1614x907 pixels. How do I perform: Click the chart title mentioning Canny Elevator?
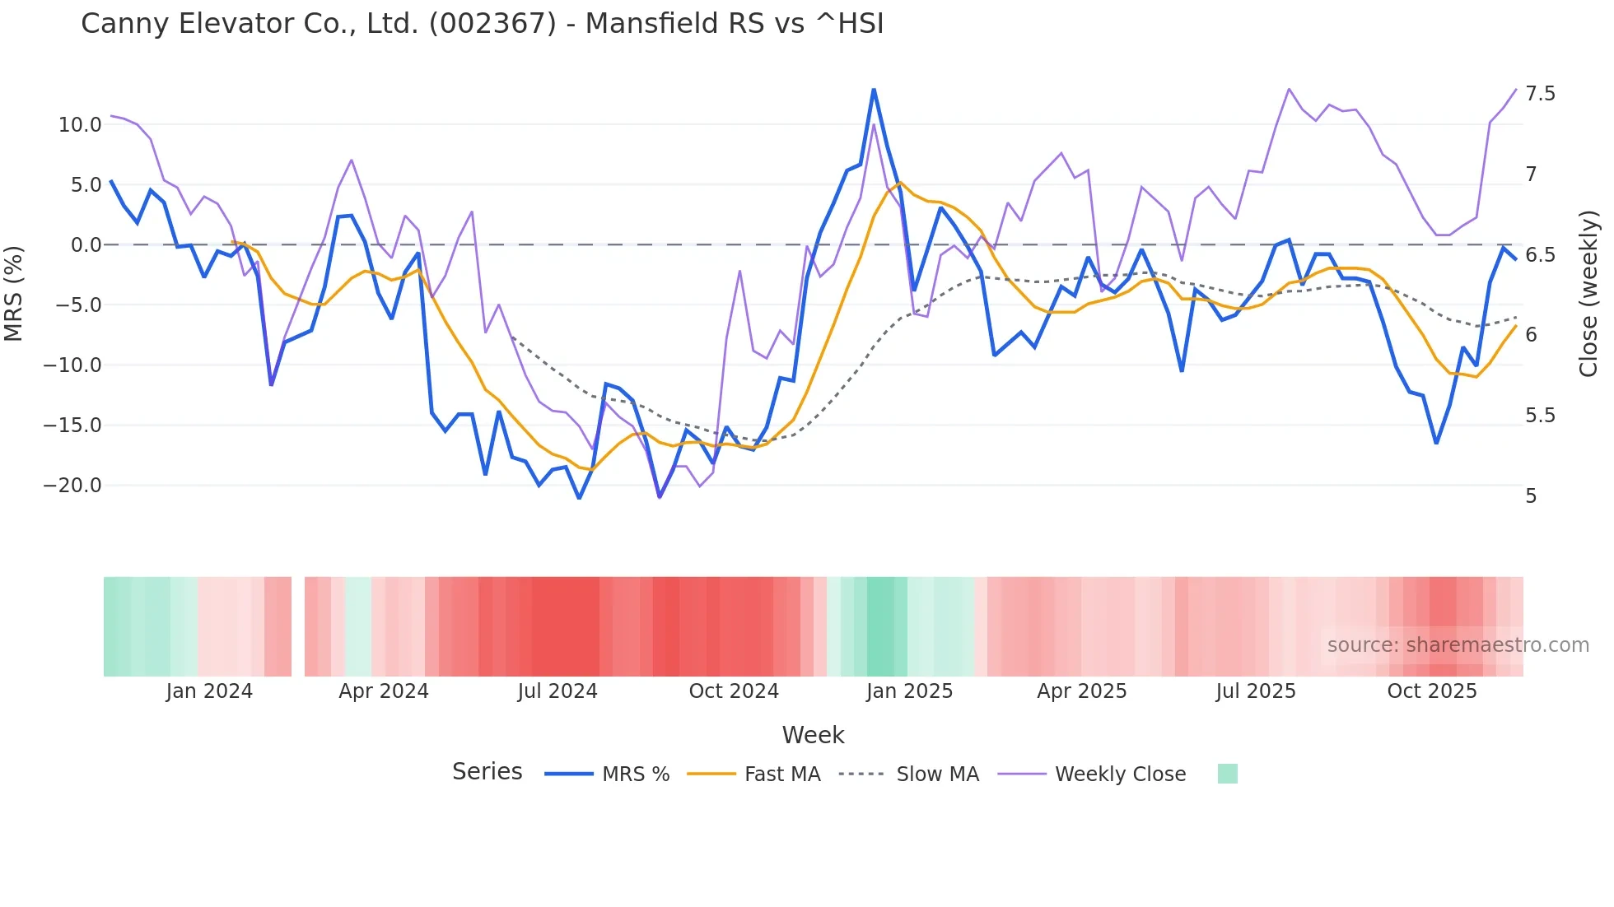point(482,24)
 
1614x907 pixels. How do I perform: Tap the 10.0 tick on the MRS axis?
point(79,125)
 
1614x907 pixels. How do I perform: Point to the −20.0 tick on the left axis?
point(72,486)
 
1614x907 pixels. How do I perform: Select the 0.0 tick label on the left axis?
point(86,245)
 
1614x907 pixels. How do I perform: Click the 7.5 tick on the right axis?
point(1540,94)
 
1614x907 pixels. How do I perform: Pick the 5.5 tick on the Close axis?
point(1540,416)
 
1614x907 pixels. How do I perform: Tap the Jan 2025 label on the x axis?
point(909,691)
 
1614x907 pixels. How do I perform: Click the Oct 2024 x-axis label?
point(734,691)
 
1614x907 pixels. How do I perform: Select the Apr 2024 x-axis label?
point(384,691)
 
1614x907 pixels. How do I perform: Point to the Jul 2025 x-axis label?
point(1256,691)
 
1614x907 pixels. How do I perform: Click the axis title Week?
point(813,735)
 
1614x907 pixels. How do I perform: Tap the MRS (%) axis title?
point(14,293)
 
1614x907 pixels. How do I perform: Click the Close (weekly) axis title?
point(1588,293)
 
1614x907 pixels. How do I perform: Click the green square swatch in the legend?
point(1227,774)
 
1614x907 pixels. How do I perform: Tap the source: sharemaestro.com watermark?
point(1458,645)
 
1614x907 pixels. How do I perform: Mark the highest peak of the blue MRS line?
point(874,90)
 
